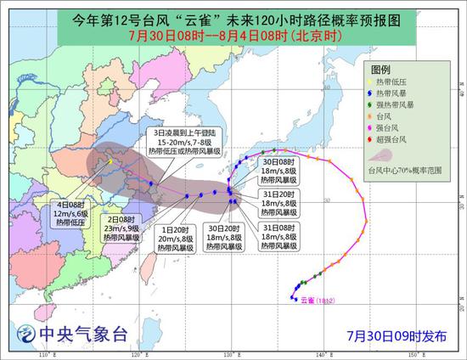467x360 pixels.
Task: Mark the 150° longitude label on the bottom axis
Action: click(413, 353)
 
